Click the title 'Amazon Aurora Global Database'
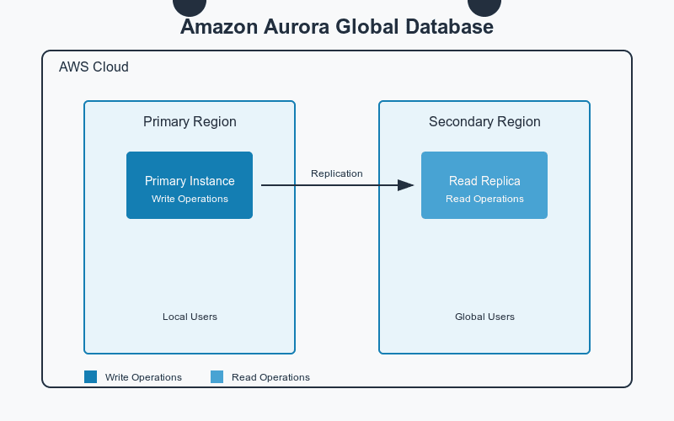(x=337, y=27)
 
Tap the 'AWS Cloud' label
(x=94, y=67)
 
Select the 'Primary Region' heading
(x=190, y=122)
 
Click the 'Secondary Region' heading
(x=484, y=122)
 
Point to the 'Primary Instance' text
(x=190, y=181)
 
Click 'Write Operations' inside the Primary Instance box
(x=190, y=200)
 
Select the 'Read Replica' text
(x=484, y=181)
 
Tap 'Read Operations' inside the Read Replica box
(x=484, y=200)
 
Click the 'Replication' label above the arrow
(x=336, y=173)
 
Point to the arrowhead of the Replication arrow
(x=407, y=185)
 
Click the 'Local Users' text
(x=190, y=317)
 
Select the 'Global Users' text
(x=484, y=317)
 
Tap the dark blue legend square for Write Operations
(x=91, y=377)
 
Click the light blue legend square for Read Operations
(x=217, y=377)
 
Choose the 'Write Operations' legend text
(x=143, y=377)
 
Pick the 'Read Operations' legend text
(x=270, y=377)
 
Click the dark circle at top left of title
(x=190, y=6)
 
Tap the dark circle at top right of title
(x=484, y=6)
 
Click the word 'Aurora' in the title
(x=293, y=27)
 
